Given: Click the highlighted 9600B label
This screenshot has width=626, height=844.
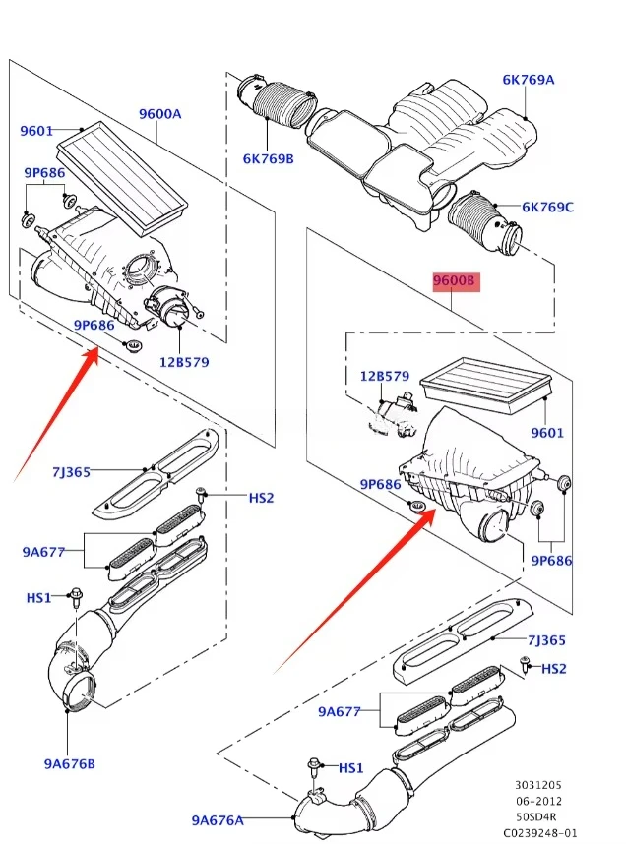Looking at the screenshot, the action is click(x=457, y=281).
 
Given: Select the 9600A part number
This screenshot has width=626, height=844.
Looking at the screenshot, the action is click(x=160, y=114).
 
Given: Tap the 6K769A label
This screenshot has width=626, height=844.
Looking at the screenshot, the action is click(x=528, y=80).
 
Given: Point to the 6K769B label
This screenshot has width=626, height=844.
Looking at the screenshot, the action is click(x=269, y=158).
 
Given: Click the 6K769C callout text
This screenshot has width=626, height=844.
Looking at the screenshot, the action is click(x=547, y=207).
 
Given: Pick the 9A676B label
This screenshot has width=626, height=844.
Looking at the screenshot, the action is click(x=70, y=763).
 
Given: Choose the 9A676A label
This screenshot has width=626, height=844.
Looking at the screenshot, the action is click(x=218, y=820).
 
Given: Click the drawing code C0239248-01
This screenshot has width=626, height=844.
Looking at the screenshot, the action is click(x=539, y=833).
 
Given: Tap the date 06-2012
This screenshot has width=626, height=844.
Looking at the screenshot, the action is click(x=538, y=801).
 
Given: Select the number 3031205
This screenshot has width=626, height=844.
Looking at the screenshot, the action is click(x=538, y=785).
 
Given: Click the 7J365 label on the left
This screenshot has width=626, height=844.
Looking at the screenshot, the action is click(x=71, y=472).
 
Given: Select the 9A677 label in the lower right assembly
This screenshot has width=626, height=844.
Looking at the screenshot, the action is click(x=339, y=711).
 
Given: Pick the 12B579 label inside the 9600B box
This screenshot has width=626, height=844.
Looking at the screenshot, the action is click(x=385, y=376).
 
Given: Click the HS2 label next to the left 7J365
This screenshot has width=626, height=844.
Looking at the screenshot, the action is click(x=261, y=498).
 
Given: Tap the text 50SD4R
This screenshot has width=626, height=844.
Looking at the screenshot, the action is click(x=536, y=816).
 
